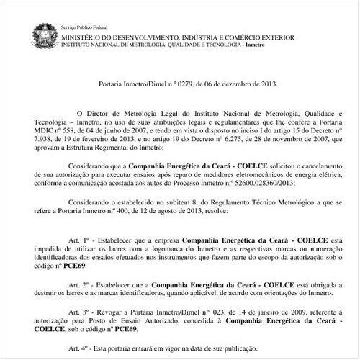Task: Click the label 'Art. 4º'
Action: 78,346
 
